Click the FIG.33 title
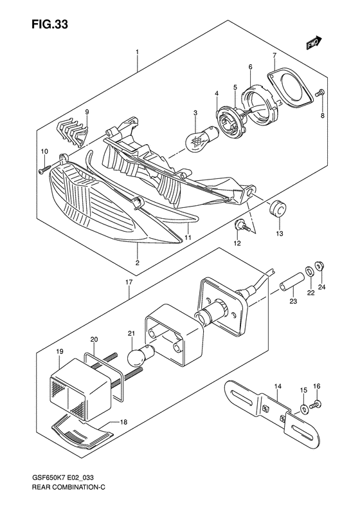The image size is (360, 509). [50, 24]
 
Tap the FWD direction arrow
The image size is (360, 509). [314, 43]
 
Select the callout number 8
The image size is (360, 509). [322, 115]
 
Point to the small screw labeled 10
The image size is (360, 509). [44, 169]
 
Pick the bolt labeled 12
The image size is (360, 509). [242, 226]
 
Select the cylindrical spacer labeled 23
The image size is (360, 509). [292, 281]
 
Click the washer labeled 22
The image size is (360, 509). [309, 270]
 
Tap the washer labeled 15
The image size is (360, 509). [304, 409]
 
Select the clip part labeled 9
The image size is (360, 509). [74, 133]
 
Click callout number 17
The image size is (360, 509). [129, 282]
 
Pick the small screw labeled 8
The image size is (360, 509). [320, 93]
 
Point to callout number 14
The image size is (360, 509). [278, 386]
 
